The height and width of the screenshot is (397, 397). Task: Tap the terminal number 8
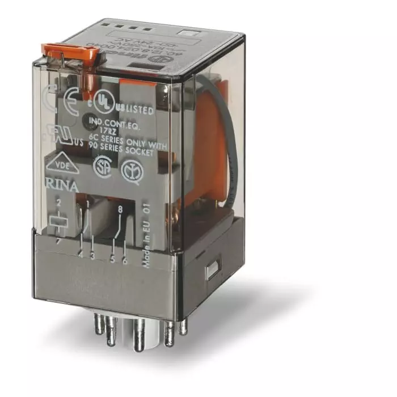coord(120,210)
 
